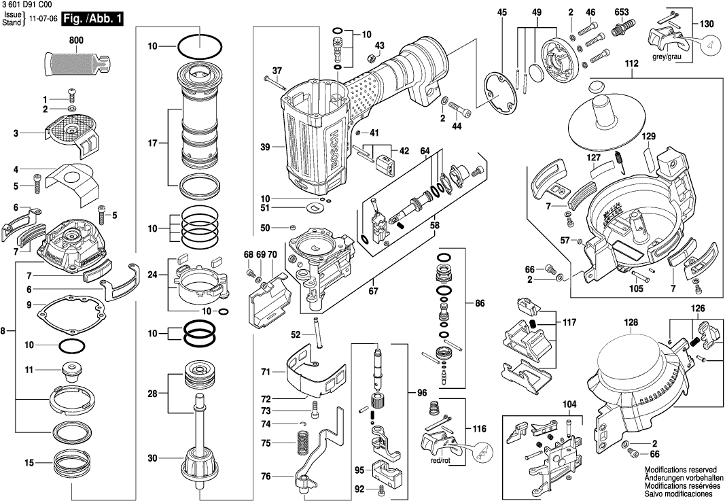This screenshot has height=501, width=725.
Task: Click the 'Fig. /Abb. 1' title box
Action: point(92,19)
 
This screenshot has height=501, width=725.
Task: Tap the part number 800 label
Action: point(76,41)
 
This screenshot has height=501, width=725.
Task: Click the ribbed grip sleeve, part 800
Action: point(76,65)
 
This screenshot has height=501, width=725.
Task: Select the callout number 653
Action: point(621,12)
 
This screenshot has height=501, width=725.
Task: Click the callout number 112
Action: point(633,64)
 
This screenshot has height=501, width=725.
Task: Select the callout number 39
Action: point(265,146)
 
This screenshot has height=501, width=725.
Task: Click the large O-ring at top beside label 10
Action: point(200,48)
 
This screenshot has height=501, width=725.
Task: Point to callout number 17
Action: point(153,143)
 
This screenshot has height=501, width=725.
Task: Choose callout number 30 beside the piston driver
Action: point(153,459)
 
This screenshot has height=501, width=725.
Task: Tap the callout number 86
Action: point(480,303)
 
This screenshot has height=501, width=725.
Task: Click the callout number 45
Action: point(502,12)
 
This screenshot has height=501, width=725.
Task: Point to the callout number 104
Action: point(569,404)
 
